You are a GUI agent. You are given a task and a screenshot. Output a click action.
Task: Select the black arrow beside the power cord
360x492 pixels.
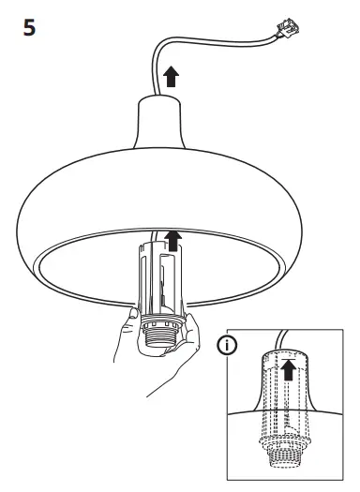[170, 77]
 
